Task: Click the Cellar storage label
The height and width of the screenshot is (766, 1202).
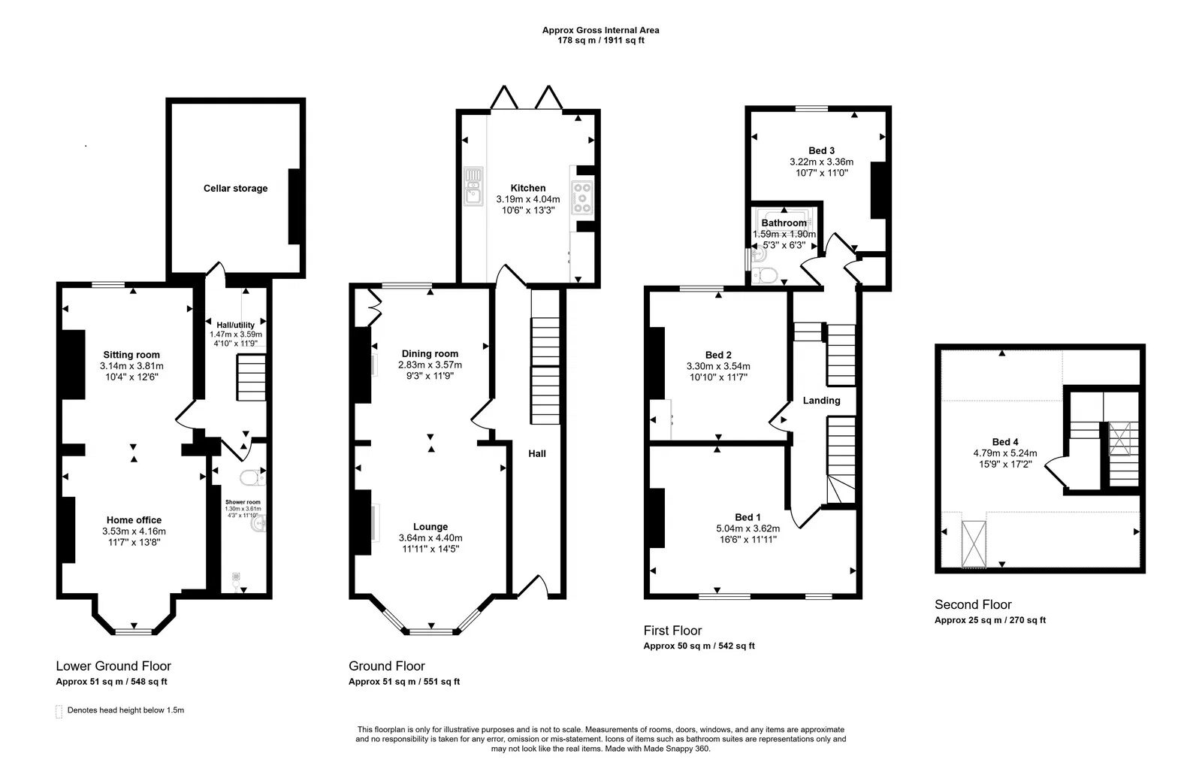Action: pyautogui.click(x=235, y=189)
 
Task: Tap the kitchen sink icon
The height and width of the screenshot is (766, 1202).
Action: pyautogui.click(x=473, y=186)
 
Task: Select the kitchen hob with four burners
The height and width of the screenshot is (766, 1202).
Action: pyautogui.click(x=582, y=197)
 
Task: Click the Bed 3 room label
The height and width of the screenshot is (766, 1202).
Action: pyautogui.click(x=821, y=150)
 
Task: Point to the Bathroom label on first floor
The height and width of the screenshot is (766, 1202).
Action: pyautogui.click(x=784, y=223)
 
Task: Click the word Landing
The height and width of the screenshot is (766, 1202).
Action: pyautogui.click(x=821, y=401)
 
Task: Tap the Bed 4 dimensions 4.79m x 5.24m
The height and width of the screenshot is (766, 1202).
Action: pyautogui.click(x=1005, y=453)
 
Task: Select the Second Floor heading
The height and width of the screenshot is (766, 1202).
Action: pyautogui.click(x=973, y=604)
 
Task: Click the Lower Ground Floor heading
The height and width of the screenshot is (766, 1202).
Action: pyautogui.click(x=113, y=666)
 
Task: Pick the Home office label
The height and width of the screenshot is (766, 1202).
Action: pyautogui.click(x=134, y=520)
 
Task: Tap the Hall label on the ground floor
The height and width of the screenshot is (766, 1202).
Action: pyautogui.click(x=536, y=454)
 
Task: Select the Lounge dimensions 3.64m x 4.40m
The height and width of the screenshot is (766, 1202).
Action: pyautogui.click(x=430, y=538)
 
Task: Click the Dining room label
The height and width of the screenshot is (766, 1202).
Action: pyautogui.click(x=430, y=354)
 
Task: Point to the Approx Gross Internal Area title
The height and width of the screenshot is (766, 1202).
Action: pyautogui.click(x=601, y=30)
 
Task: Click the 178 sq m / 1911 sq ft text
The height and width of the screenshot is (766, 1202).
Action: pyautogui.click(x=601, y=41)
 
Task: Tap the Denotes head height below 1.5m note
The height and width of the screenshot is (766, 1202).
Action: pyautogui.click(x=125, y=710)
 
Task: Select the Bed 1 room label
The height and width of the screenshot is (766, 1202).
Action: pyautogui.click(x=747, y=517)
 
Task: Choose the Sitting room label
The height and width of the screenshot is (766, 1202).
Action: pyautogui.click(x=131, y=355)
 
